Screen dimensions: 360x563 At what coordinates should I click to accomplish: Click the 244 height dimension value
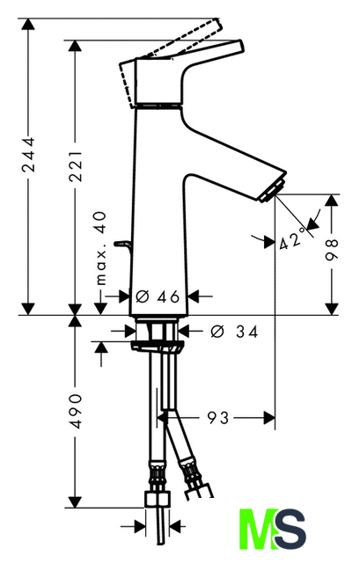click(28, 155)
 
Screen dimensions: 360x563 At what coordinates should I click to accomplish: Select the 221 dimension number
click(76, 166)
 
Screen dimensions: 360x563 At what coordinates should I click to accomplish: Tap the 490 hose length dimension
click(76, 411)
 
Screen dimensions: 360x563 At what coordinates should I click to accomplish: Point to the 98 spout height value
click(332, 250)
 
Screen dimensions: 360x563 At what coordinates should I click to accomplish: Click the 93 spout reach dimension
click(217, 418)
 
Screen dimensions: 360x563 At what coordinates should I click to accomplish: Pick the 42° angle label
click(293, 239)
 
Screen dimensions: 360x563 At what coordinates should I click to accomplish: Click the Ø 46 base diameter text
click(158, 296)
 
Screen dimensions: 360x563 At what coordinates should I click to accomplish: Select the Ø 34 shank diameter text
click(234, 332)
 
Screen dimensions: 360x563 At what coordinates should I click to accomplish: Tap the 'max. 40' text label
click(102, 248)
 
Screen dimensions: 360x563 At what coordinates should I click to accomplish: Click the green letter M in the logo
click(259, 529)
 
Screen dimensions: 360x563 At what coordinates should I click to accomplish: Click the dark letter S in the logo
click(290, 529)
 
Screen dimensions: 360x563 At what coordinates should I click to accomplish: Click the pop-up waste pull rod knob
click(121, 244)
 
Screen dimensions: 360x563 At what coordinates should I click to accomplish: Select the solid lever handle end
click(239, 46)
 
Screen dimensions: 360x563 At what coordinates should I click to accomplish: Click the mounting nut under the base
click(158, 346)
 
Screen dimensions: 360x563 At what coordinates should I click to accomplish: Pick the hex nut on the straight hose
click(158, 499)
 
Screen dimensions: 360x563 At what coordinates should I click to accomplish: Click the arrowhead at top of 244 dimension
click(28, 25)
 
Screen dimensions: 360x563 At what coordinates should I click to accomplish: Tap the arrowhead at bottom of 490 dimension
click(75, 501)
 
